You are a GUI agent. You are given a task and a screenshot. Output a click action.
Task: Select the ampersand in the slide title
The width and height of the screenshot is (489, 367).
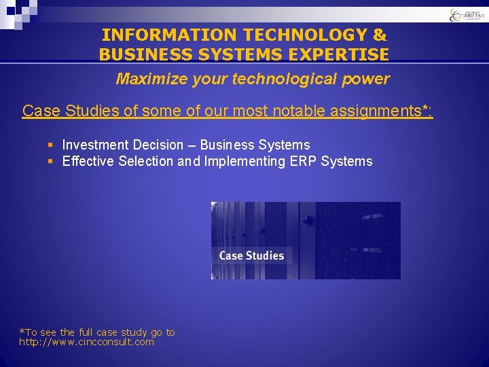click(x=380, y=35)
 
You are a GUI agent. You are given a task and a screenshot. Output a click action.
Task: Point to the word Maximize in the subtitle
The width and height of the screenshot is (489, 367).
click(x=147, y=79)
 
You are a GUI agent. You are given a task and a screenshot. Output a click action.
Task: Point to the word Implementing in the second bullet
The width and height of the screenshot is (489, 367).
click(x=249, y=161)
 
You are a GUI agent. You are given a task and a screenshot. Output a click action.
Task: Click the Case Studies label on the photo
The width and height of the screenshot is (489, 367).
click(x=251, y=256)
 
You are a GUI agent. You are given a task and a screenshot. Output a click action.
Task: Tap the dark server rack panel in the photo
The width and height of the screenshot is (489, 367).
click(x=358, y=240)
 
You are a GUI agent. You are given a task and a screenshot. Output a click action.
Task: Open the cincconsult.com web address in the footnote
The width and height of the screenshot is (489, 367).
click(x=86, y=342)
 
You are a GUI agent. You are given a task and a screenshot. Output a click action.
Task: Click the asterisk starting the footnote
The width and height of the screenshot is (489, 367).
click(x=22, y=332)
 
